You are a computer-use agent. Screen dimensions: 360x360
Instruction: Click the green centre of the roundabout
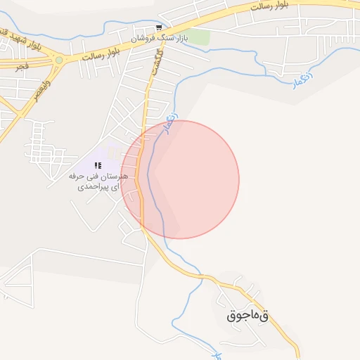pos(59,60)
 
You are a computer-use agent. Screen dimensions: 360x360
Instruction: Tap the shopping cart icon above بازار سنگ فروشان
pos(160,27)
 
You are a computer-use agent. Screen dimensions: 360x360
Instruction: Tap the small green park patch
pos(200,37)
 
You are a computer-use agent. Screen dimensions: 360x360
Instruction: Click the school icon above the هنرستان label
pos(97,165)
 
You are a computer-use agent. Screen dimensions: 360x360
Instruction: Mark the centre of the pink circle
pos(180,179)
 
